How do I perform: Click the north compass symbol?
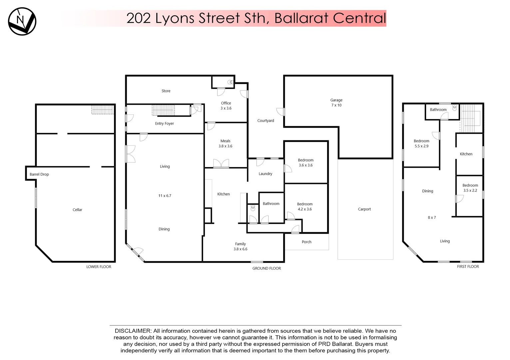point(22,21)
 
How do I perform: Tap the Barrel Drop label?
point(39,174)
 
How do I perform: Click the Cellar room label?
point(77,210)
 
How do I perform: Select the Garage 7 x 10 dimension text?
point(336,105)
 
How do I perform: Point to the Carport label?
point(364,209)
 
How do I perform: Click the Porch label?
point(306,242)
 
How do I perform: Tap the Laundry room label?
point(265,174)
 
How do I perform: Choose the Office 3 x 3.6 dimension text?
point(226,108)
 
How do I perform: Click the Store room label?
point(166,91)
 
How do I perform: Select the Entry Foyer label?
point(164,124)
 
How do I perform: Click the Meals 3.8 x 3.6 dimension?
point(225,146)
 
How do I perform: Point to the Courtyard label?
point(265,121)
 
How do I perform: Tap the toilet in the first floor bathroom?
point(454,108)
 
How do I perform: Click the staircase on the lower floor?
point(103,110)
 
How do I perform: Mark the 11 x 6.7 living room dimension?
point(165,196)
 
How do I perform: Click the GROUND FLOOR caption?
point(266,268)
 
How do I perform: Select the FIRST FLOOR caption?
point(468,267)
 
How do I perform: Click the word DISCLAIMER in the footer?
point(133,331)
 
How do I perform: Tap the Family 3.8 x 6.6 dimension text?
point(240,249)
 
